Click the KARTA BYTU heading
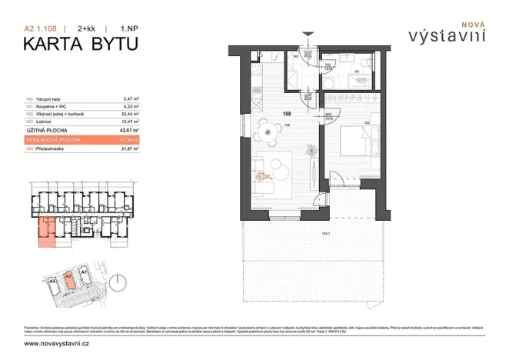click(x=80, y=43)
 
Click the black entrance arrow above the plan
click(x=308, y=34)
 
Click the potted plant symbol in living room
click(x=262, y=177)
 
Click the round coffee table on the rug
click(x=274, y=166)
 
